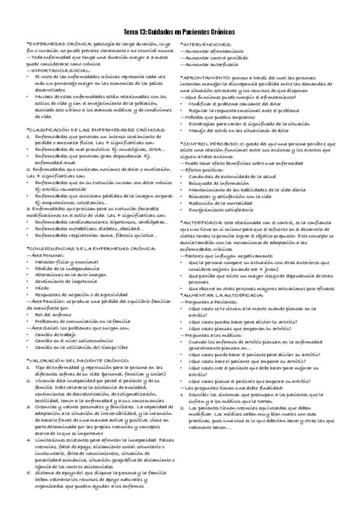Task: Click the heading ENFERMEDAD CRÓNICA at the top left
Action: tap(57, 45)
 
